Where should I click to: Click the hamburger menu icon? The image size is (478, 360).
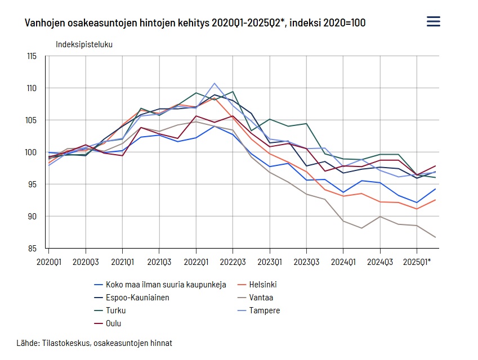pos(433,21)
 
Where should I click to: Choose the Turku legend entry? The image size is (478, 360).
pos(115,310)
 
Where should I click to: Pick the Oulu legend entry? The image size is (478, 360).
pos(113,323)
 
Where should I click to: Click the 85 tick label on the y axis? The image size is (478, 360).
pos(33,248)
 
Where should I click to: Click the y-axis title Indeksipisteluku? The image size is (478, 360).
pos(84,44)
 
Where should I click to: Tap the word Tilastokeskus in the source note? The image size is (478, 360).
pos(66,343)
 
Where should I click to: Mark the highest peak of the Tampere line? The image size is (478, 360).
pos(215,83)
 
